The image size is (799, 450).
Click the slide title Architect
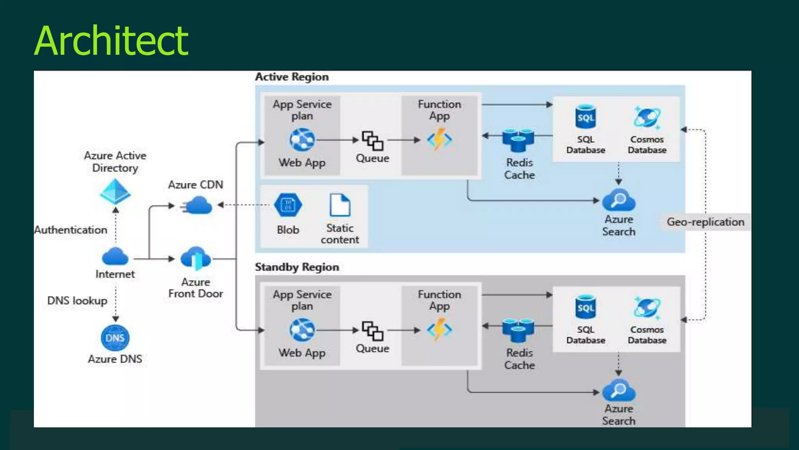(111, 41)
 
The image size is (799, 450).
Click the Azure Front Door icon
(196, 259)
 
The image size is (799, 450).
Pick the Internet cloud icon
(115, 257)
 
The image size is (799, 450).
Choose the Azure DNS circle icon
(115, 338)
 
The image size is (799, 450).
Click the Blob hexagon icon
(288, 205)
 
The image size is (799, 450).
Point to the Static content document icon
(340, 205)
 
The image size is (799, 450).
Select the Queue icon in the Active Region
(373, 141)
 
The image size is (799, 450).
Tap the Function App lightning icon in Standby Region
(439, 329)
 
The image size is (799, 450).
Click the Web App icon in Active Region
(302, 140)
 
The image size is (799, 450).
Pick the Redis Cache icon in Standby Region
(518, 330)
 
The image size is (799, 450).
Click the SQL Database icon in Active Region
(586, 116)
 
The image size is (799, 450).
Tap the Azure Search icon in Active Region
(619, 200)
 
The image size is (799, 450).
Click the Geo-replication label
(705, 222)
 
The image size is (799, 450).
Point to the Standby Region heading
(297, 267)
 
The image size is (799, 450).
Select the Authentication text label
(71, 230)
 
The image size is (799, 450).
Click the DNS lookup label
(77, 300)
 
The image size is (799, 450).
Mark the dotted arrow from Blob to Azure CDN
(244, 205)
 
